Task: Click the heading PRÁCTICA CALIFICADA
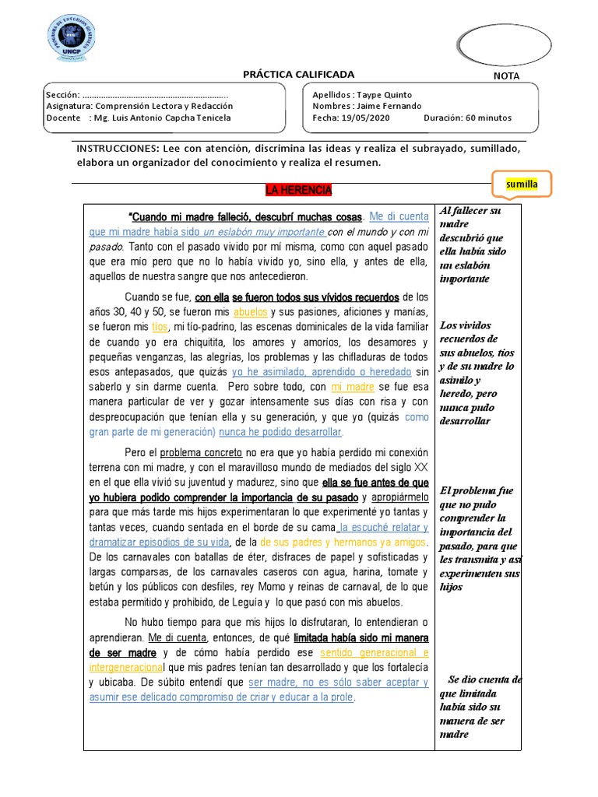298,75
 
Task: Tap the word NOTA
506,76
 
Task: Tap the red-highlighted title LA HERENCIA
298,191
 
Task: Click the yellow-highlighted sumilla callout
522,185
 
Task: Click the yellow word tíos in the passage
160,327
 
